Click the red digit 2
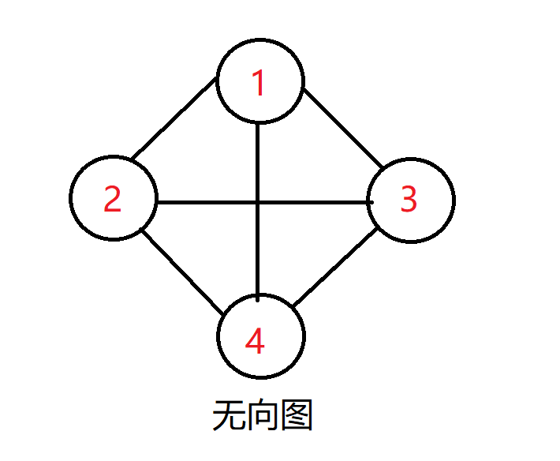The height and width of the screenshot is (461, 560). (x=113, y=200)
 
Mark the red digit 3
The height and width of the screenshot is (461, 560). (x=408, y=200)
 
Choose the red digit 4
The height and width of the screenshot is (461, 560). (x=255, y=342)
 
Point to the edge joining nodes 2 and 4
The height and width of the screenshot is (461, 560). (x=180, y=268)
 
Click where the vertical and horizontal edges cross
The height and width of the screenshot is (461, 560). (x=259, y=202)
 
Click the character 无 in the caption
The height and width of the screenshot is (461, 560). (x=229, y=416)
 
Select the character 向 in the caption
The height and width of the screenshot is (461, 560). (x=263, y=416)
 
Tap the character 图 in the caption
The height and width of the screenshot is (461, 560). (x=297, y=416)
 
